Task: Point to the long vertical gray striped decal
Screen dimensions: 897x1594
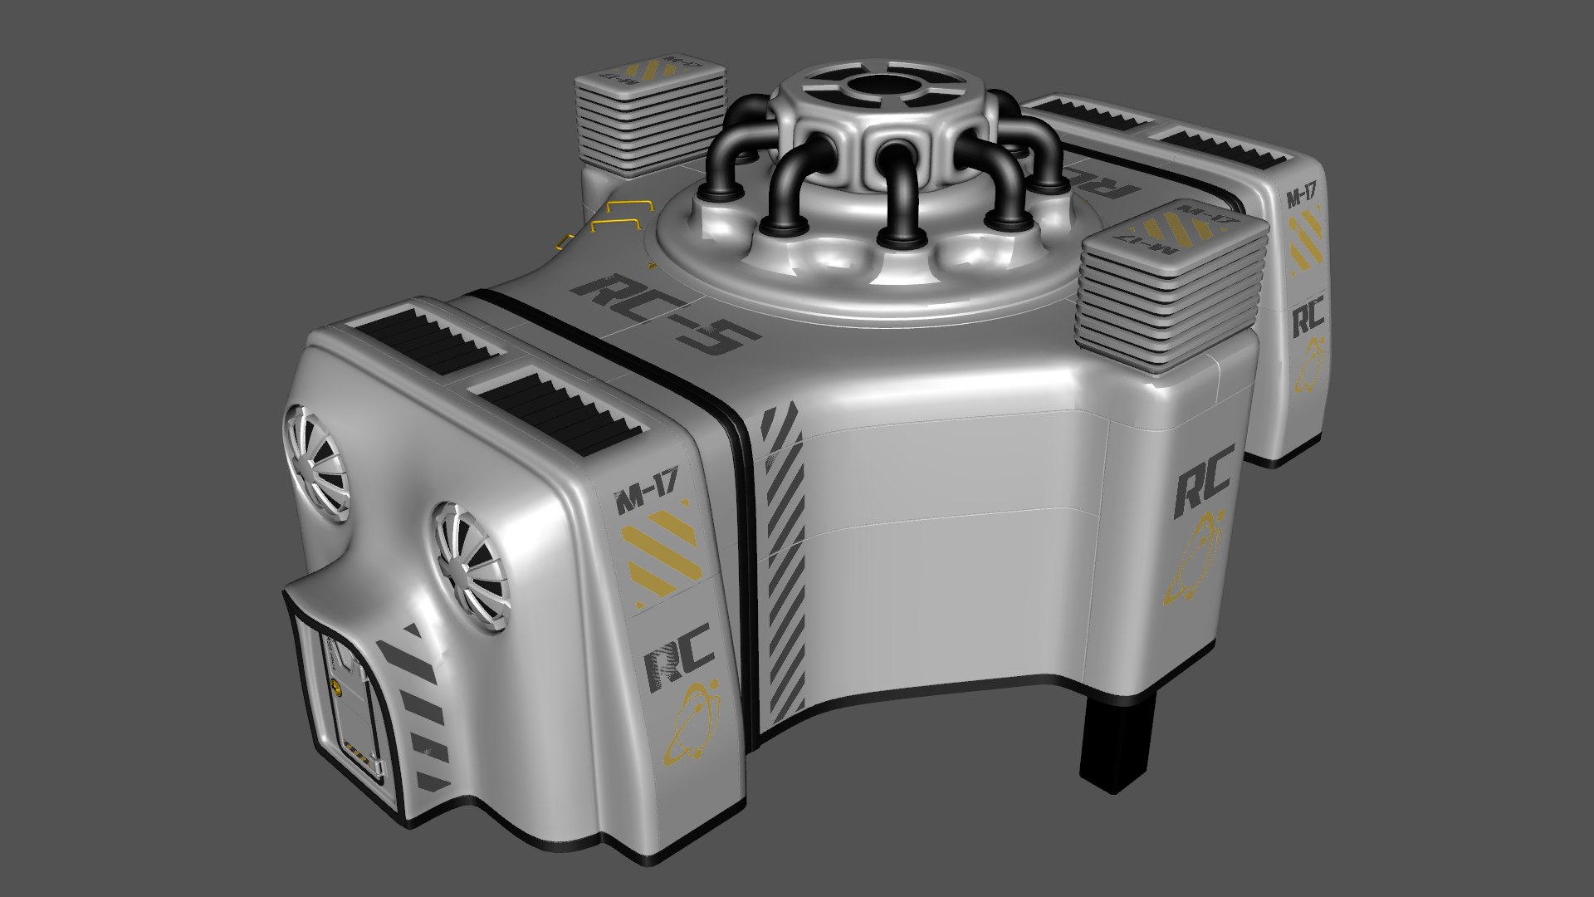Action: (x=784, y=565)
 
